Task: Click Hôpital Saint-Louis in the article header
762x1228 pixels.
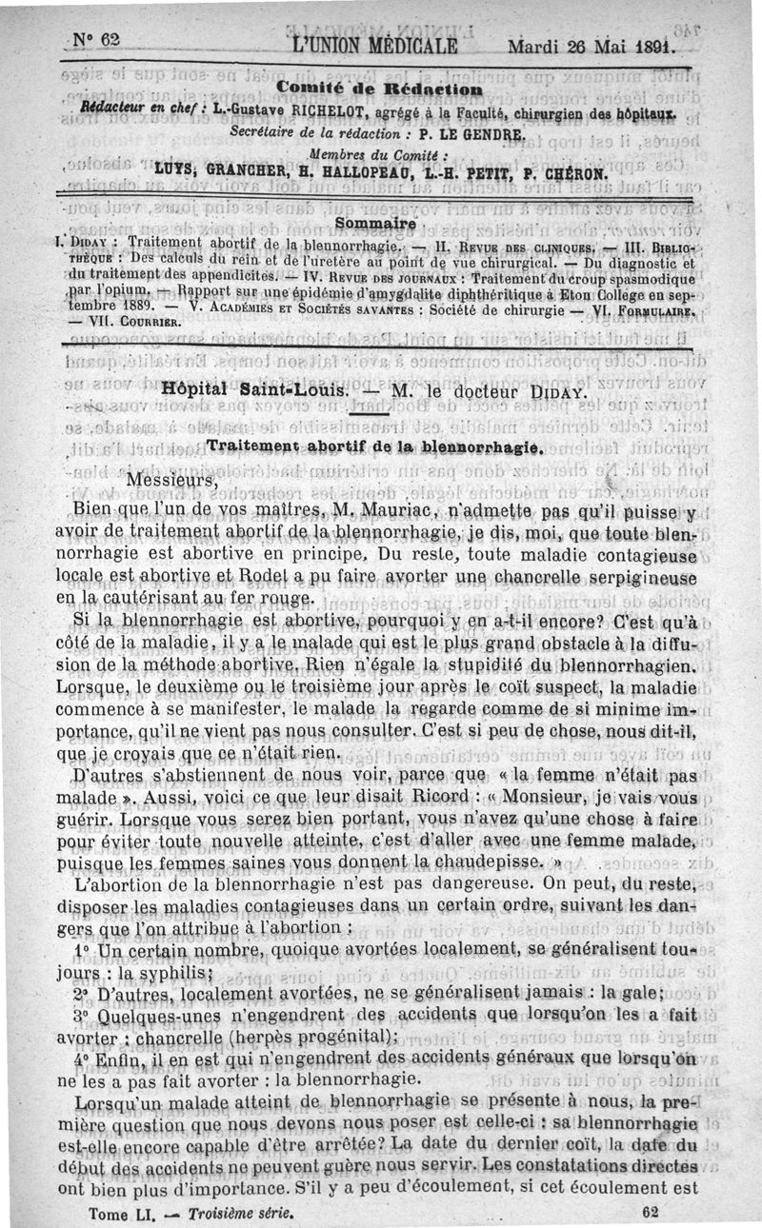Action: tap(237, 389)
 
